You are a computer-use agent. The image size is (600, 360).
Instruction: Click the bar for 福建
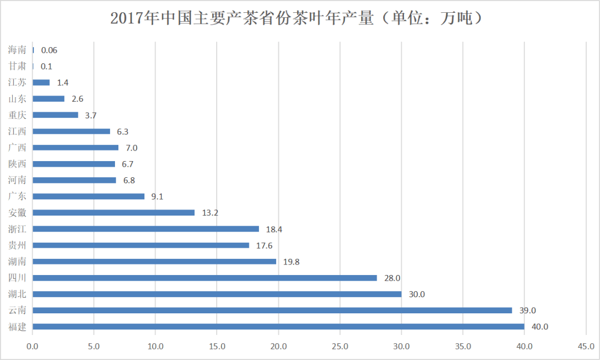(278, 327)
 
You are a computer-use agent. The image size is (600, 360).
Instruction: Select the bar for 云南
(272, 310)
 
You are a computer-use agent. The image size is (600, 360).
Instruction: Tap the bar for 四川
(204, 278)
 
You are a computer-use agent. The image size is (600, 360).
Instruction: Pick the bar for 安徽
(114, 213)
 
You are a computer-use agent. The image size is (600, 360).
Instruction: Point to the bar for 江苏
(41, 83)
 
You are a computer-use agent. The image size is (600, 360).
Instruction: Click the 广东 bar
(89, 196)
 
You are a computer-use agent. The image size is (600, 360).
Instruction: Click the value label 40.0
(539, 327)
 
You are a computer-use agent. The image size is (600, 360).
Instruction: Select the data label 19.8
(291, 262)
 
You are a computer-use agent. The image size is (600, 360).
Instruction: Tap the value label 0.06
(49, 50)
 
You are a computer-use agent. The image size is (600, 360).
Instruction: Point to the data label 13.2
(210, 213)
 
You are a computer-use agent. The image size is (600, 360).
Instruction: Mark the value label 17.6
(264, 246)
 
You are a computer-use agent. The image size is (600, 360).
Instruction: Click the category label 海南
(17, 50)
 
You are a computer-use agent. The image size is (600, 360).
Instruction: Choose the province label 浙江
(17, 229)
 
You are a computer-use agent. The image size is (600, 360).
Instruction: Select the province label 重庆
(17, 115)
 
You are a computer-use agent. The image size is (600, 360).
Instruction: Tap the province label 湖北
(17, 294)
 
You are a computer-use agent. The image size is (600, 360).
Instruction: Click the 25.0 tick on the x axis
(340, 347)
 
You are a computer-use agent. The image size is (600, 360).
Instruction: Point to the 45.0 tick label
(586, 347)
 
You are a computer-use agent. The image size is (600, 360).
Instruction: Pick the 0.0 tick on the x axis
(33, 347)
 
